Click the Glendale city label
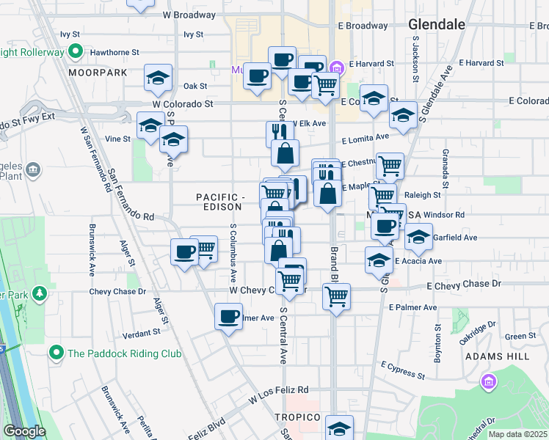[x=436, y=24]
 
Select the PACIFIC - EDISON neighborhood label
[x=220, y=202]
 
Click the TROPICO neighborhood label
[x=298, y=417]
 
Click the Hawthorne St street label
[x=114, y=53]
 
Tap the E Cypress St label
[x=403, y=370]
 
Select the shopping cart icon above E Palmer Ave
[x=336, y=296]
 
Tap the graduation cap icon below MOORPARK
[x=157, y=78]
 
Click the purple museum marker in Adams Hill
[x=488, y=381]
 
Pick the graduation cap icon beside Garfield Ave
[x=418, y=237]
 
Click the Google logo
[x=24, y=431]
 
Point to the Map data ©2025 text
[x=518, y=434]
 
